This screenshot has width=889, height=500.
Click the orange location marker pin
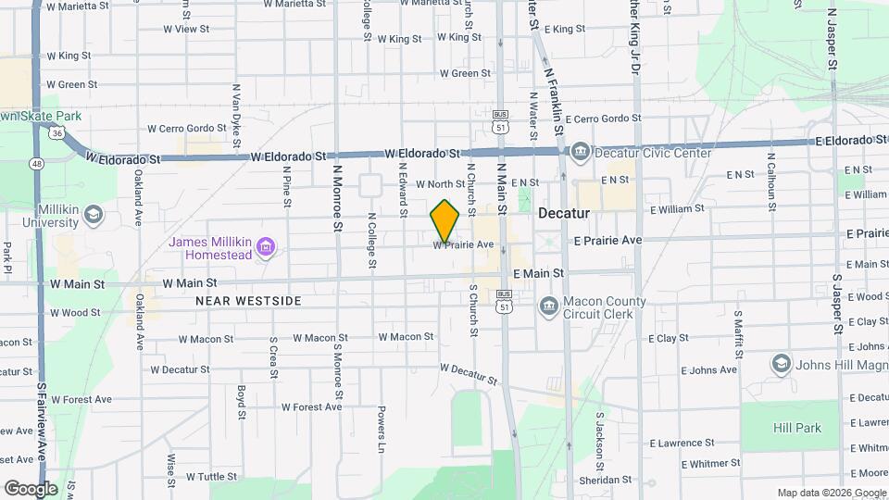pyautogui.click(x=445, y=220)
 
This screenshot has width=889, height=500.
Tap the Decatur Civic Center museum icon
pyautogui.click(x=580, y=151)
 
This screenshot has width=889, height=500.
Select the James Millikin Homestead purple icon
pyautogui.click(x=266, y=247)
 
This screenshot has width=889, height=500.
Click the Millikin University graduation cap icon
pyautogui.click(x=93, y=216)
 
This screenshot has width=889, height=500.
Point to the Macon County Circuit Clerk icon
pyautogui.click(x=547, y=305)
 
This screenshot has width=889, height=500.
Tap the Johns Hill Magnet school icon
pyautogui.click(x=782, y=364)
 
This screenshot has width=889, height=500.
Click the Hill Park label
pyautogui.click(x=797, y=429)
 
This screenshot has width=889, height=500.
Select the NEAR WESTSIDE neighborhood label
pyautogui.click(x=248, y=301)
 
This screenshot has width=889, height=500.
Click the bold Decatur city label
pyautogui.click(x=564, y=213)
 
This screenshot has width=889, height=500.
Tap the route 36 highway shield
pyautogui.click(x=57, y=133)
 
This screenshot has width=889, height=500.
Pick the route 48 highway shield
pyautogui.click(x=36, y=164)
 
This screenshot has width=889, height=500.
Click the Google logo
pyautogui.click(x=31, y=488)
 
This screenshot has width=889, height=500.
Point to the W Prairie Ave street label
pyautogui.click(x=463, y=245)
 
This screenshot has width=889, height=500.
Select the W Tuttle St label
pyautogui.click(x=212, y=477)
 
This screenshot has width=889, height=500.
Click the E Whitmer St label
pyautogui.click(x=711, y=463)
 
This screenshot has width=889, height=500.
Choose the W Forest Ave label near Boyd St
pyautogui.click(x=311, y=406)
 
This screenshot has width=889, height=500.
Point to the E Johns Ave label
pyautogui.click(x=709, y=369)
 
